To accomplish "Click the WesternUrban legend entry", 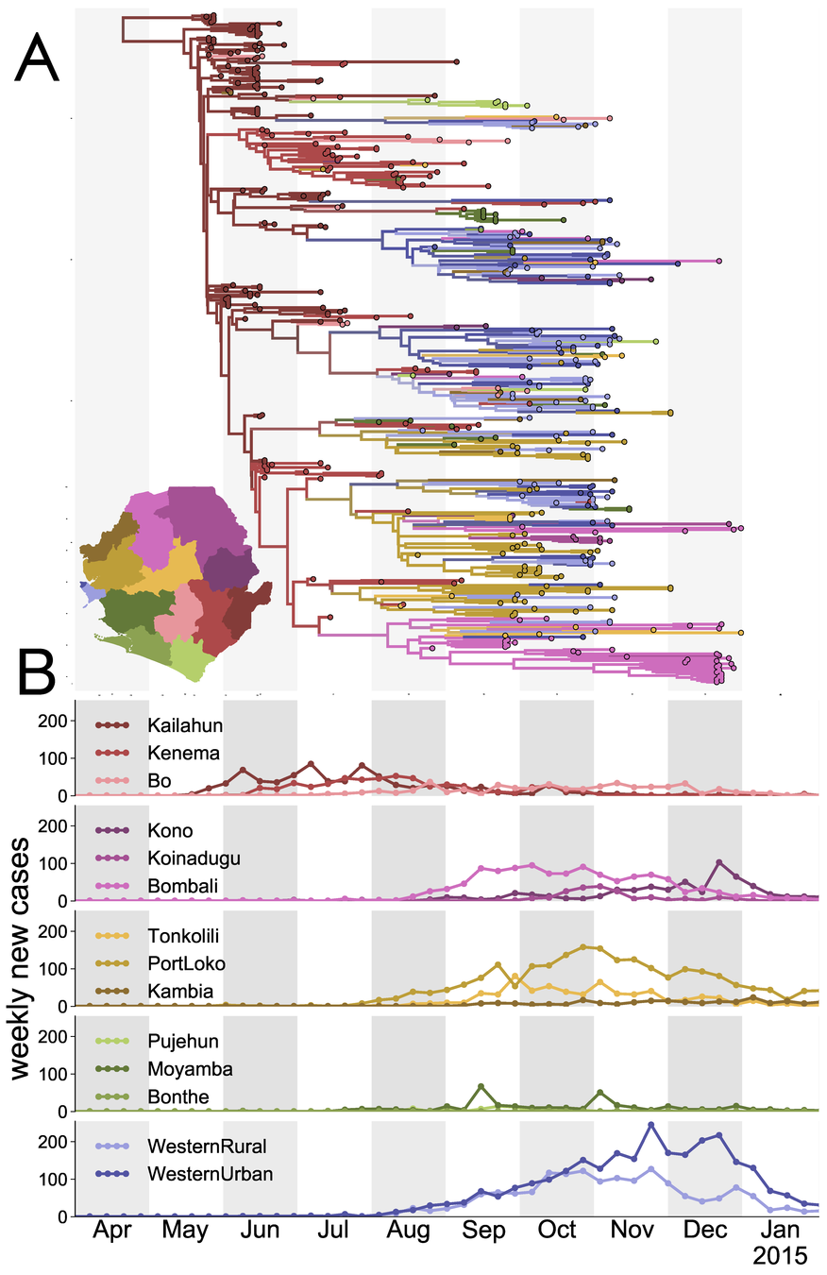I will click(198, 1173).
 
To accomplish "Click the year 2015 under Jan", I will click(781, 1257).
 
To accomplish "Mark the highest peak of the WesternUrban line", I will click(650, 1125).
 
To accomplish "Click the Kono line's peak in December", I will click(719, 862).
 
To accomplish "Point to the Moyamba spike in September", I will click(481, 1086).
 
